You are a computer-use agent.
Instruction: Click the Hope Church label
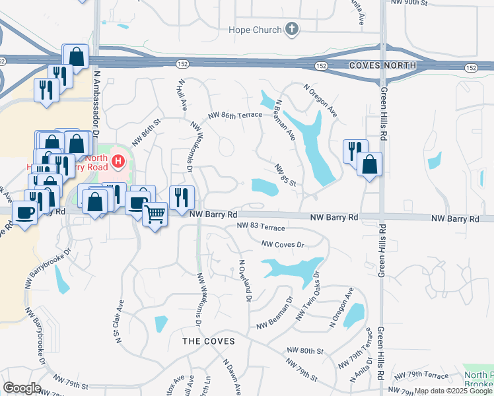(254, 30)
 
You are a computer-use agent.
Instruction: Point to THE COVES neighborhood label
(204, 341)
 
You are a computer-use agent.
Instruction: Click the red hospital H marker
(118, 160)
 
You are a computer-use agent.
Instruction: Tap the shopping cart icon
(155, 214)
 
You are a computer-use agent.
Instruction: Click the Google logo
(22, 388)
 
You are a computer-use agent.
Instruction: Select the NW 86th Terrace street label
(234, 115)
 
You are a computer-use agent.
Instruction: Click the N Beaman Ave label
(285, 120)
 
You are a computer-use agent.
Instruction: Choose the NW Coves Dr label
(283, 244)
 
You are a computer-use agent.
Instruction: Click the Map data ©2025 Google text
(453, 391)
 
